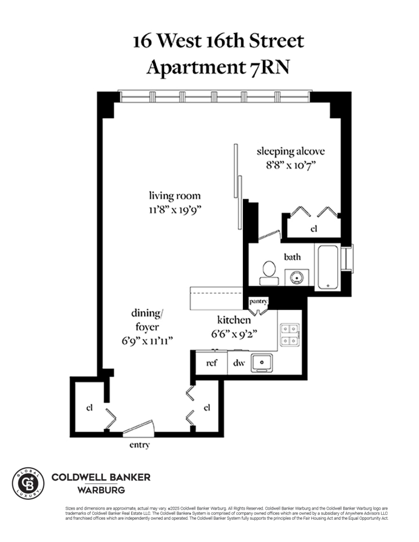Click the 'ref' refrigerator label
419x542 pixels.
coord(212,363)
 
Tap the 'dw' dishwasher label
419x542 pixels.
coord(239,363)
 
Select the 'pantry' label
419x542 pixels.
coord(259,301)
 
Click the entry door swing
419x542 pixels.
coord(139,428)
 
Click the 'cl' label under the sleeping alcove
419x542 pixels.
coord(313,229)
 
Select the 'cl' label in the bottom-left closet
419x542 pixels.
coord(89,408)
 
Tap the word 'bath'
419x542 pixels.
coord(292,256)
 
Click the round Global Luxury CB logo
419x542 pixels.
coord(27,483)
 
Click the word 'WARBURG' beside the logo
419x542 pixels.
coord(101,490)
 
